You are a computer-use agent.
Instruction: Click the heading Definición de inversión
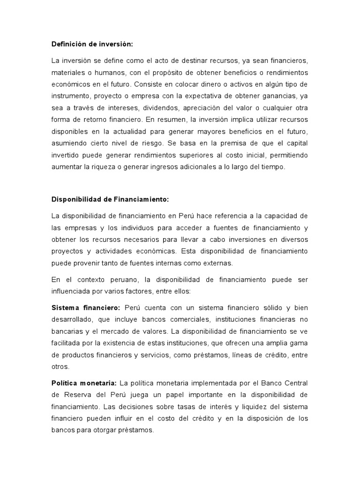point(92,44)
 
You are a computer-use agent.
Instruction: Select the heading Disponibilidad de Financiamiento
point(110,199)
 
